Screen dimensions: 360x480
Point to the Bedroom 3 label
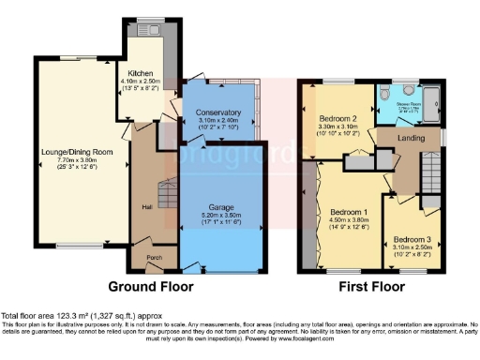(x=412, y=238)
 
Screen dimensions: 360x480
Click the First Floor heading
(x=372, y=286)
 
